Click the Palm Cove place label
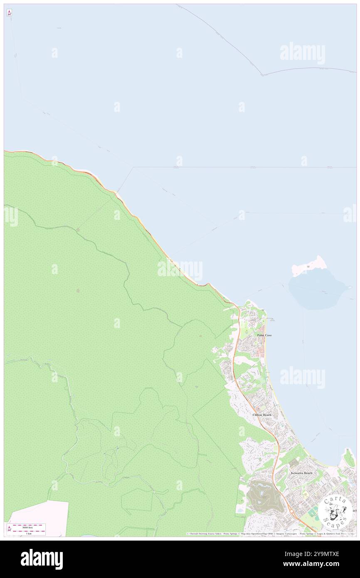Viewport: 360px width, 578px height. click(264, 335)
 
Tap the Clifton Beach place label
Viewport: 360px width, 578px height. click(262, 415)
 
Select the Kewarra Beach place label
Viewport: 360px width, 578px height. click(301, 473)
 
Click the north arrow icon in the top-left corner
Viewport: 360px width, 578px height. click(9, 13)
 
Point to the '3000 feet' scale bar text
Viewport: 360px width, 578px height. click(28, 526)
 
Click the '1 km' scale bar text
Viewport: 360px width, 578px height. click(28, 534)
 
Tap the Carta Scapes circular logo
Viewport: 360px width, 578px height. click(335, 512)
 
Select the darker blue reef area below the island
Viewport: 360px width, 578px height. click(318, 289)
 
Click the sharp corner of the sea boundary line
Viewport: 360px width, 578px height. click(262, 75)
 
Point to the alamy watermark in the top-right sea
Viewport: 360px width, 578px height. click(302, 53)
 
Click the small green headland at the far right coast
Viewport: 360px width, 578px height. click(348, 457)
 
